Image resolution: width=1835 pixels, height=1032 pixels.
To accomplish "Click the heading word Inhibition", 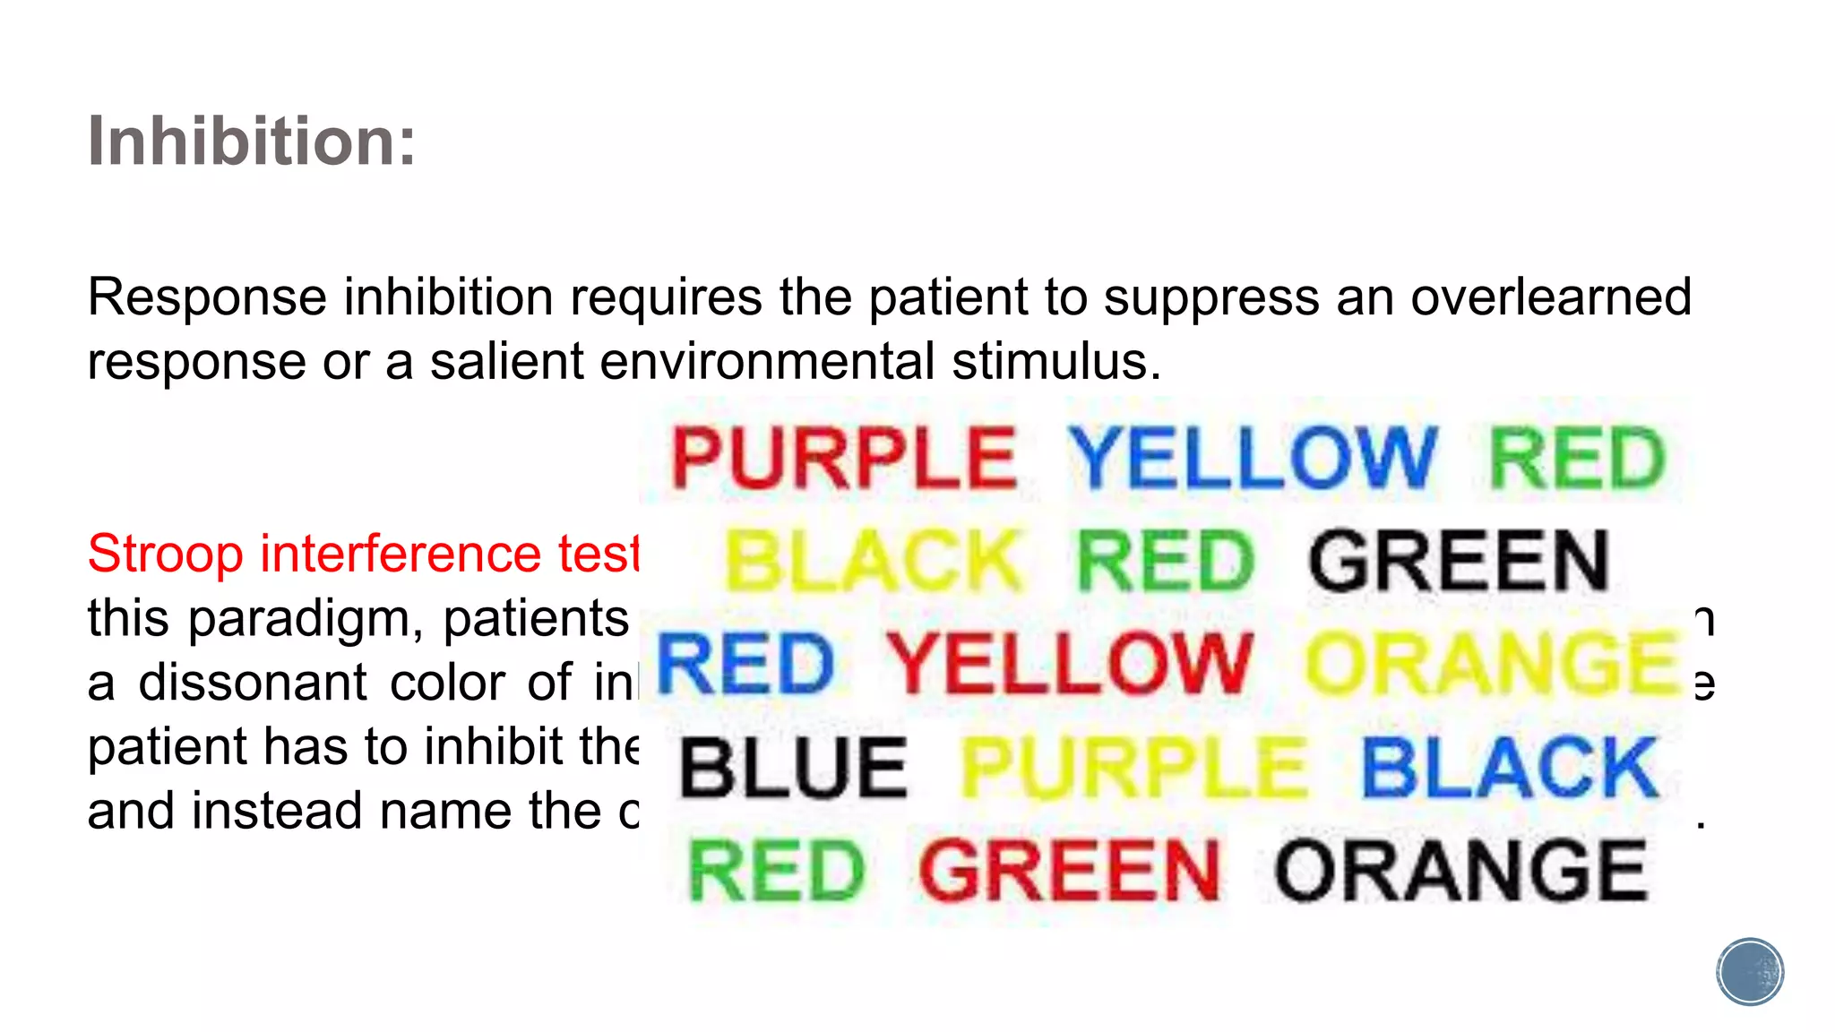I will point(251,141).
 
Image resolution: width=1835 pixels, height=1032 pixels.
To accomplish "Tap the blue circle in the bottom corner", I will point(1750,972).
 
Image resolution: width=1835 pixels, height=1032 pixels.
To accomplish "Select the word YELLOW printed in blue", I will point(1253,458).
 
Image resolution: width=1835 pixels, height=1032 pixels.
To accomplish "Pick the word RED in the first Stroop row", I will point(1577,458).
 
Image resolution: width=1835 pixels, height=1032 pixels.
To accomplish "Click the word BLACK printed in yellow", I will point(873,561).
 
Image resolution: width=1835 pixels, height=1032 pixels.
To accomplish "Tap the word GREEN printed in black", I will point(1459,561).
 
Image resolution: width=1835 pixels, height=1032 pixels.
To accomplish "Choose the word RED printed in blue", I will point(745,664).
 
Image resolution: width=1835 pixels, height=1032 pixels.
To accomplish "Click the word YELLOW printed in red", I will point(1069,664).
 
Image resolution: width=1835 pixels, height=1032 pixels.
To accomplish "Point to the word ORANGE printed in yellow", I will point(1492,664).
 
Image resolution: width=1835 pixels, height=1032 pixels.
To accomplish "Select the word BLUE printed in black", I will point(794,768).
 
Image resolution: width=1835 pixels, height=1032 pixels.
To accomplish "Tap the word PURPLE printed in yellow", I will point(1133,768).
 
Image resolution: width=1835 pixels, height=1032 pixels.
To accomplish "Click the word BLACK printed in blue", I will point(1510,768).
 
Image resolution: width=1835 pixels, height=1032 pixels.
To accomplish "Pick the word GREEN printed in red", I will point(1070,871).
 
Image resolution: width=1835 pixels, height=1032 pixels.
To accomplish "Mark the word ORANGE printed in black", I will point(1460,871).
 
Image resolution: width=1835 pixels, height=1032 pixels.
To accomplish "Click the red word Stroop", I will point(166,554).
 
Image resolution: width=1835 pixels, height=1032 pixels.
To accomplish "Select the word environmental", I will point(767,361).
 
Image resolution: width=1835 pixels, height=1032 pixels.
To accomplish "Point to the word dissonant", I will point(253,683).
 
